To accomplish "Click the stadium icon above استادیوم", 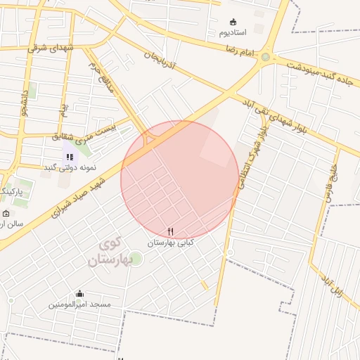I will (x=233, y=22).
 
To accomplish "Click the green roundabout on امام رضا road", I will (x=266, y=57).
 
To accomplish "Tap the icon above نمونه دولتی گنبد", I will (x=70, y=157).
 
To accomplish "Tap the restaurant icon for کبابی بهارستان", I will (x=170, y=231).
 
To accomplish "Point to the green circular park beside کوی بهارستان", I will (x=136, y=259).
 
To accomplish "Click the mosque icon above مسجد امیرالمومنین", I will (x=79, y=294).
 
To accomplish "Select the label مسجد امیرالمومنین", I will (x=79, y=304).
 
